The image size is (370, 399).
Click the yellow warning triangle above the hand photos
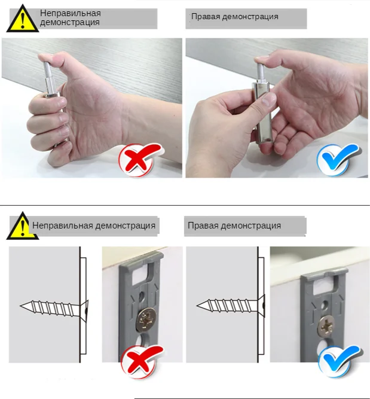(22, 19)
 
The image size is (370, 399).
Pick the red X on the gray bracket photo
(141, 362)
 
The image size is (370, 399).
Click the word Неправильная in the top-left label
(70, 13)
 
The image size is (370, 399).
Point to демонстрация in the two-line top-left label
(69, 23)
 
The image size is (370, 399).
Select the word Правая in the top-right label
(204, 16)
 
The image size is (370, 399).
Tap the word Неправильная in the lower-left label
(62, 226)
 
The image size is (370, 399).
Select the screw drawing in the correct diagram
(231, 306)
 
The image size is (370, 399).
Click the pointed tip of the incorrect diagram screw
(22, 306)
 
